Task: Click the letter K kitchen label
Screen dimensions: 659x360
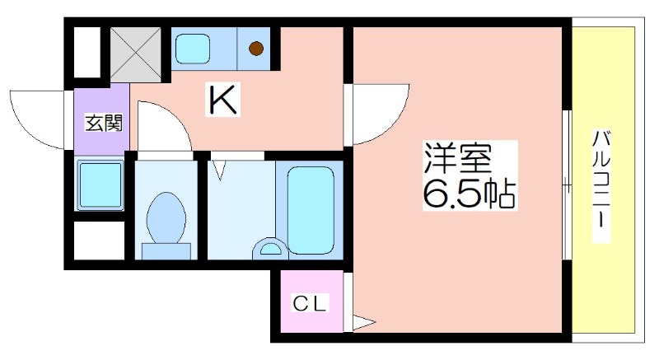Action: point(222,99)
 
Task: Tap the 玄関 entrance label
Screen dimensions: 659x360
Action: point(104,123)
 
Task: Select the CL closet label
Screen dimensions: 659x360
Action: point(310,303)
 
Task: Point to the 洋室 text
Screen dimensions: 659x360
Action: point(458,158)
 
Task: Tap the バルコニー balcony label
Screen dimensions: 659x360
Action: point(601,185)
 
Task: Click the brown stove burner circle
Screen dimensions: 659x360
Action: point(256,49)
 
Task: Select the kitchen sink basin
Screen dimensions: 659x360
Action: point(192,49)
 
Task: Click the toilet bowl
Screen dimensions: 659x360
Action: point(166,218)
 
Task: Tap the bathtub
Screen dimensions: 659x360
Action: point(311,210)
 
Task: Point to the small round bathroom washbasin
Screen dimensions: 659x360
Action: point(270,249)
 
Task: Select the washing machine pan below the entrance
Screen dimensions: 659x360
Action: point(100,185)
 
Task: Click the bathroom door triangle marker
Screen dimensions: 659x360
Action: point(218,169)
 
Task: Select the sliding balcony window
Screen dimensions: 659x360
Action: point(568,185)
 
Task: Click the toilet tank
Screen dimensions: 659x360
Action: point(166,251)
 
